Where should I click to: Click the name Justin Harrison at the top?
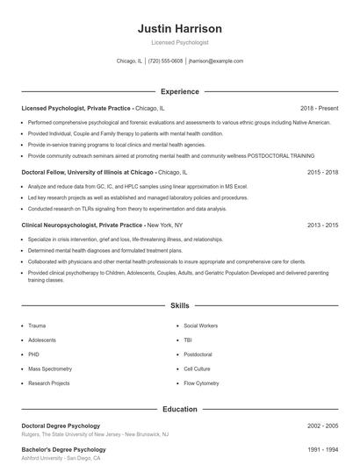[179, 28]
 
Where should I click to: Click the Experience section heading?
[179, 91]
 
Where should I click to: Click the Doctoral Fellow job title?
[87, 173]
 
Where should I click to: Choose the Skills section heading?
[179, 306]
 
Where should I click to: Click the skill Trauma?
[37, 325]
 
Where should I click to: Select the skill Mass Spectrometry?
[51, 368]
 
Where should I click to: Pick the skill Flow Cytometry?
[201, 383]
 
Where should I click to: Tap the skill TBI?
[188, 340]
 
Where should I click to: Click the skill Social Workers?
[201, 325]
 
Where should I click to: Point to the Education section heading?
[179, 409]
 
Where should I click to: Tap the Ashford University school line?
[61, 458]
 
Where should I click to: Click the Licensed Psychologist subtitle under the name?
[179, 42]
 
